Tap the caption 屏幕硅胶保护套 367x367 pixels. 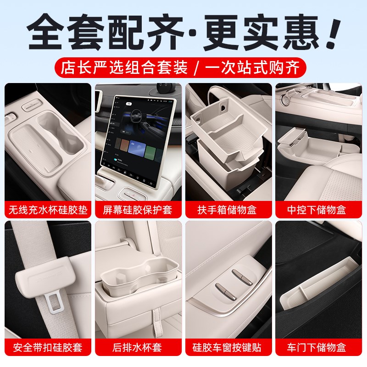click(138, 211)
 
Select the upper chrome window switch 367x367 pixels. click(240, 274)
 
